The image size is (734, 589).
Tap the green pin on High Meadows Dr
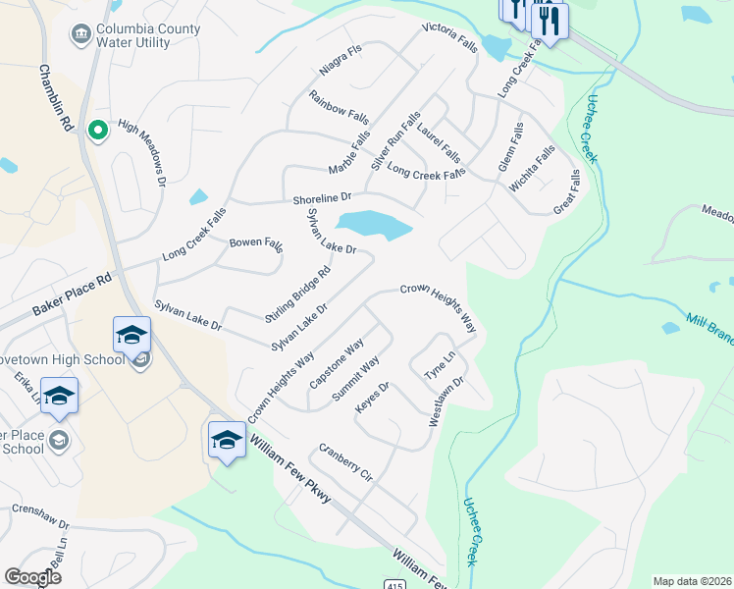click(97, 130)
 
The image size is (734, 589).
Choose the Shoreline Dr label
click(322, 199)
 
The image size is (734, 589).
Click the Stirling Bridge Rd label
click(297, 294)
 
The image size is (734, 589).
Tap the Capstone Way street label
click(337, 362)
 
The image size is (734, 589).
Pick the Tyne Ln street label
click(440, 365)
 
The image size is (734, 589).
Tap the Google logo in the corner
click(33, 576)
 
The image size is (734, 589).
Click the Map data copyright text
click(692, 581)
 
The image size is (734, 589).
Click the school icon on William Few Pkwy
click(227, 439)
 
